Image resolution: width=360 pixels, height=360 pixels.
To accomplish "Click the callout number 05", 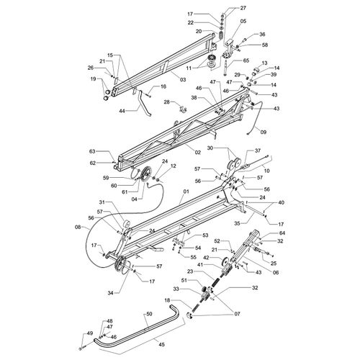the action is click(243, 22).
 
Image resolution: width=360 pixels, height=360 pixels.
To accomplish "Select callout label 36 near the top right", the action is click(262, 35).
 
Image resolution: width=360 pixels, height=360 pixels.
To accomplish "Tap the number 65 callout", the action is click(246, 60).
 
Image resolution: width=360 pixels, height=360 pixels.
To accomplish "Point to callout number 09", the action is click(264, 132).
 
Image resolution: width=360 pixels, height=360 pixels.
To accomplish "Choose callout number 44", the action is click(122, 111).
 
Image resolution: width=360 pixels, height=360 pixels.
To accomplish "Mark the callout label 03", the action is click(183, 79).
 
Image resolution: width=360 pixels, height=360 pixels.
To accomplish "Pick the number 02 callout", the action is click(197, 153).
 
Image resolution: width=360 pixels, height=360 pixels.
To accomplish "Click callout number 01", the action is click(186, 192).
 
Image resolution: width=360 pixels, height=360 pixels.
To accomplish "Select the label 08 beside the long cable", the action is click(78, 226).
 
